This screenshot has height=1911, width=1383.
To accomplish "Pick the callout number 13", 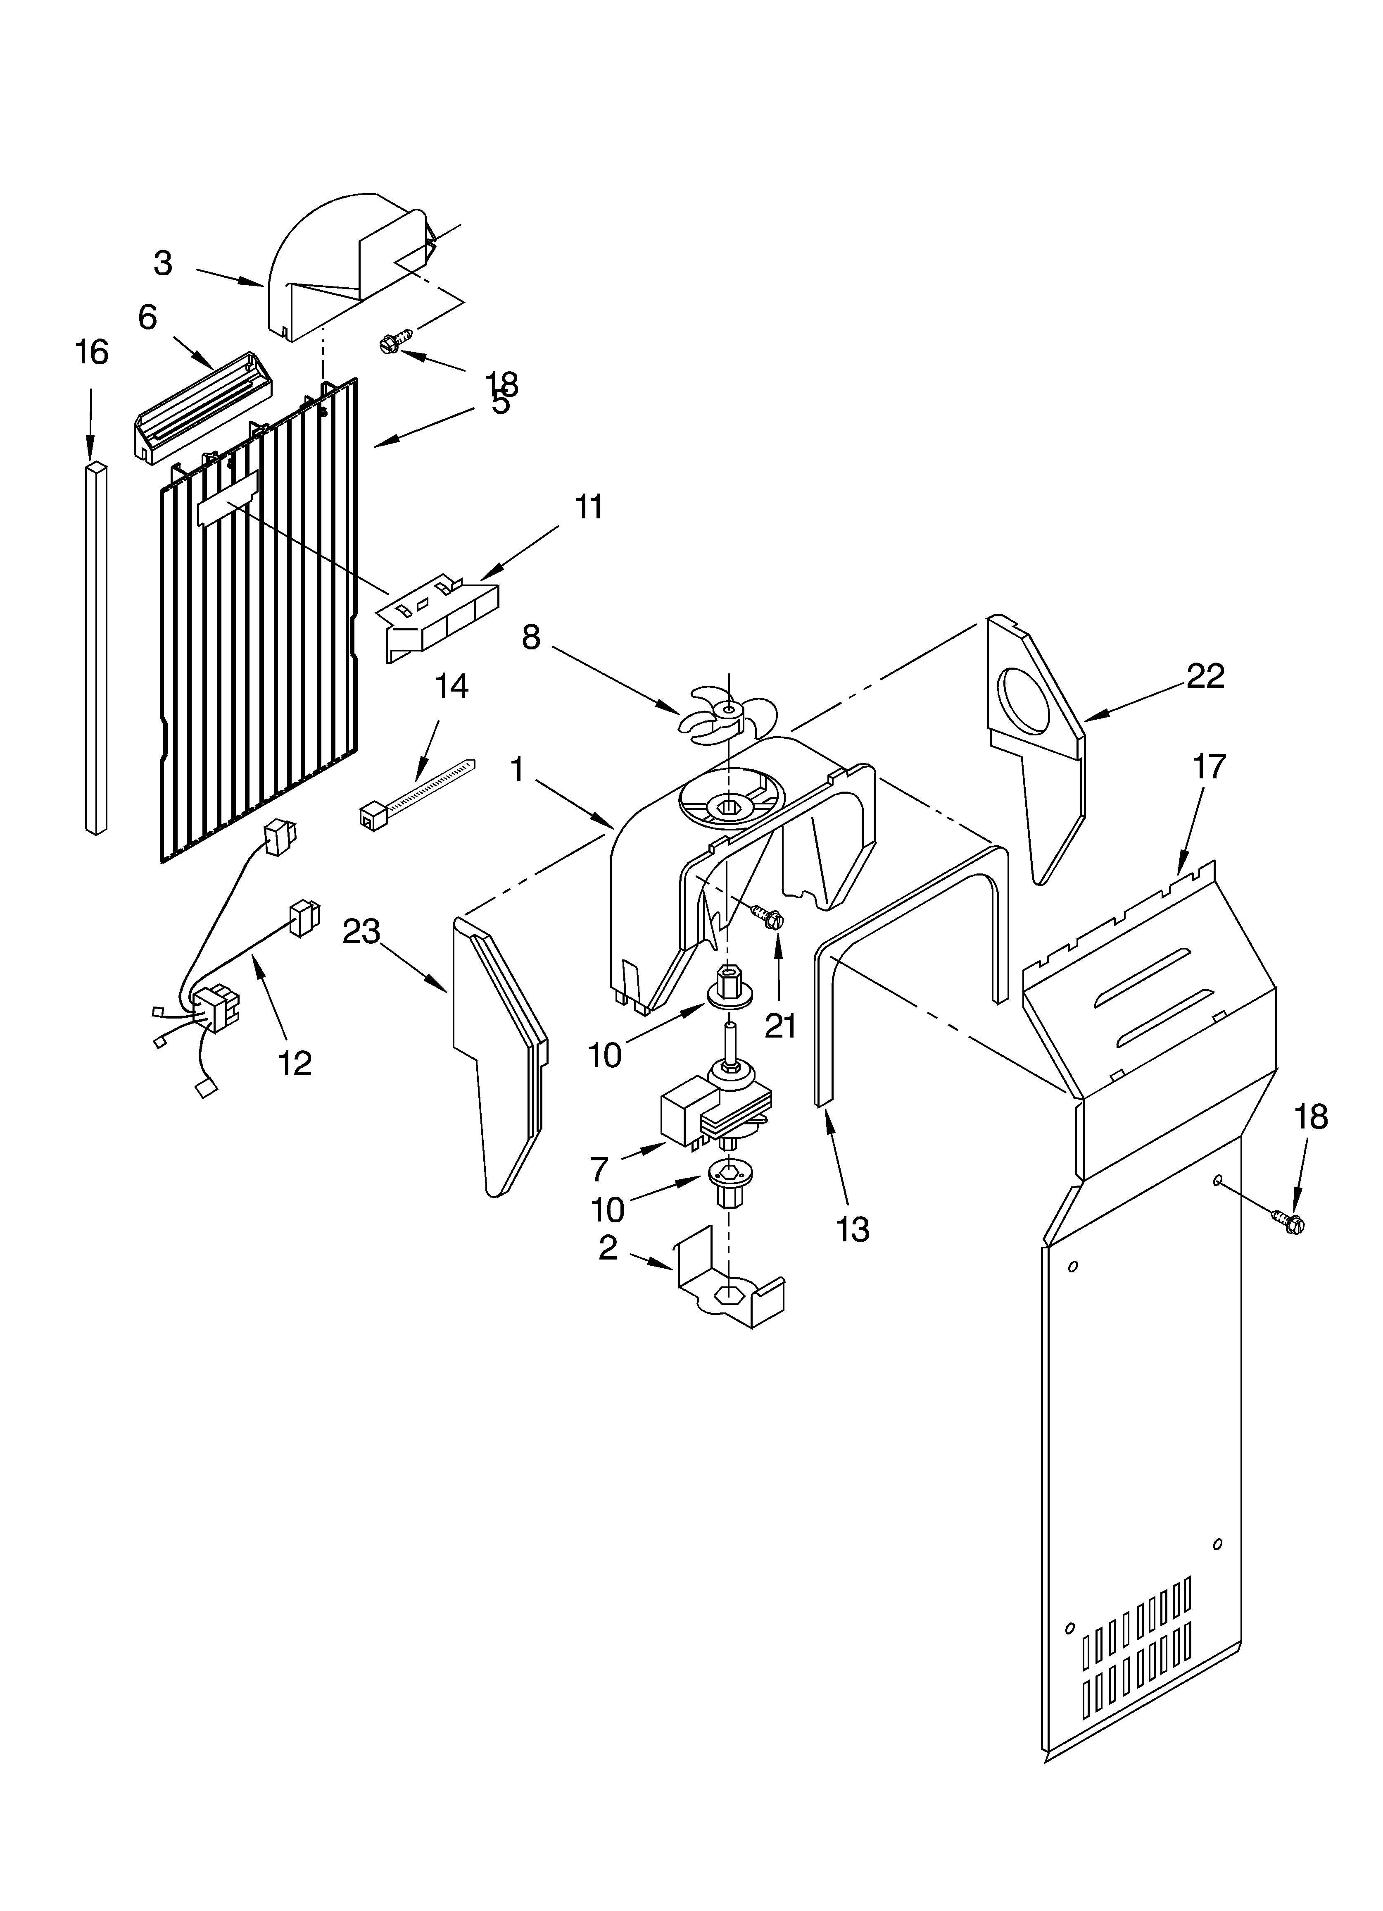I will (x=853, y=1230).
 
